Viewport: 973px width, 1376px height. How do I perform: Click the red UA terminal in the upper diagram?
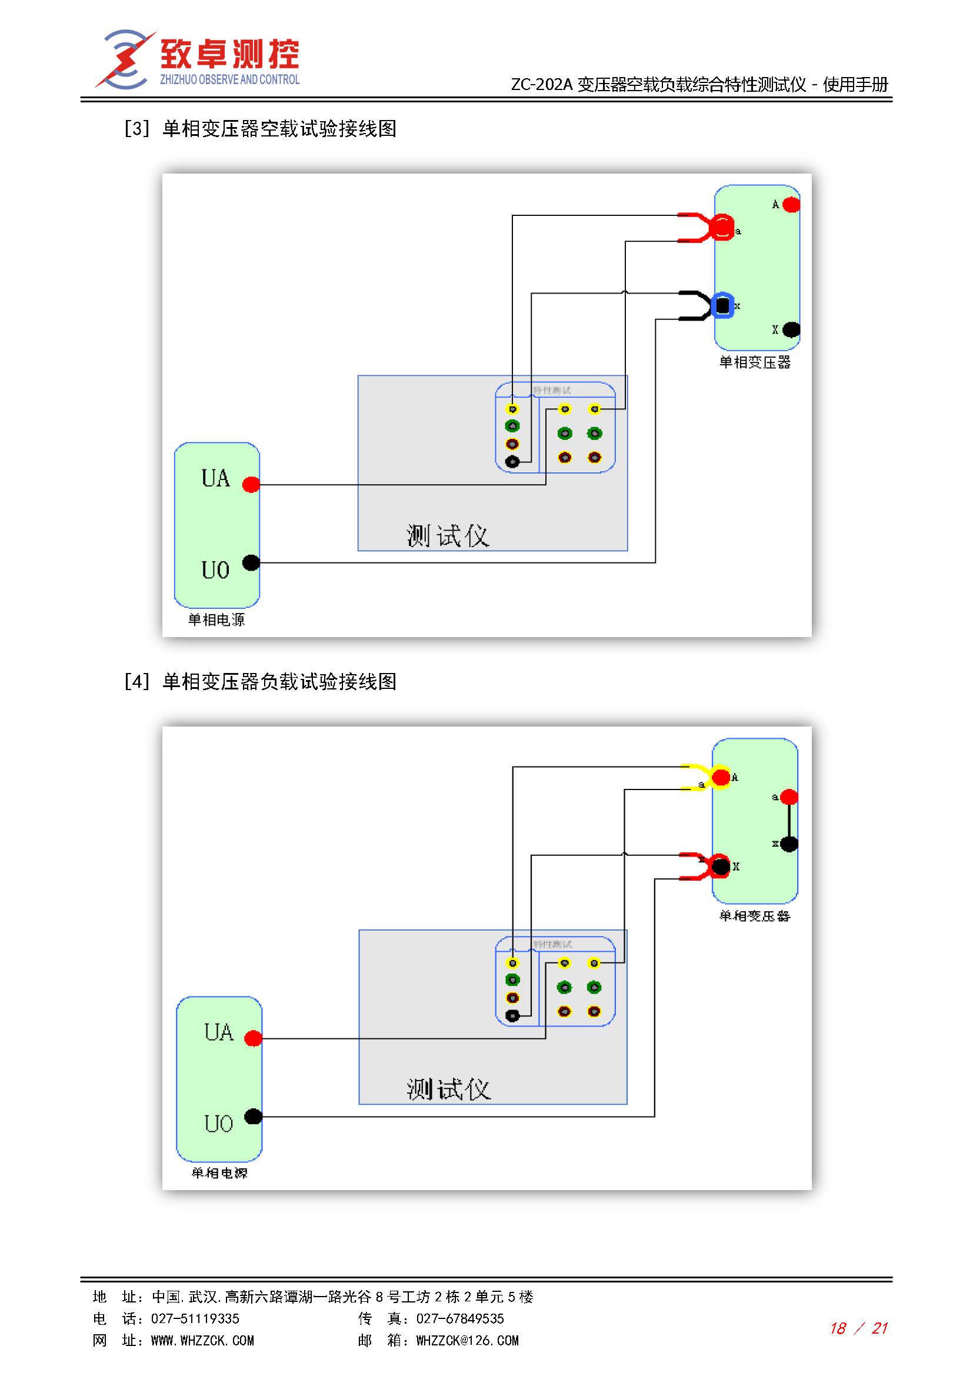[x=251, y=484]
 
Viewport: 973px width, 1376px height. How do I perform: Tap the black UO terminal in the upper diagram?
[x=251, y=563]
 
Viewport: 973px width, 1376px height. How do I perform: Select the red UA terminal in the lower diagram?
[x=254, y=1038]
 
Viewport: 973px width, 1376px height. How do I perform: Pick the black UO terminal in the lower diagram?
[x=254, y=1117]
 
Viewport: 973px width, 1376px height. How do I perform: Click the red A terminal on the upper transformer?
[x=791, y=205]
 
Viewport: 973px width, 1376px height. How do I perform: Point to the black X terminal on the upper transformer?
[x=791, y=329]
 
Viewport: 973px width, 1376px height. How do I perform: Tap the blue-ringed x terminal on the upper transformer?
[x=723, y=306]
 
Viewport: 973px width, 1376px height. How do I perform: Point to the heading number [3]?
[x=136, y=129]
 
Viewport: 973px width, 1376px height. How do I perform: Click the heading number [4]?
[x=136, y=682]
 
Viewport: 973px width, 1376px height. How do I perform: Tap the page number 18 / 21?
[x=858, y=1329]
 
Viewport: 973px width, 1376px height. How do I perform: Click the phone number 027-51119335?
[x=195, y=1318]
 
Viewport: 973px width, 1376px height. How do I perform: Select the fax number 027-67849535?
[x=460, y=1318]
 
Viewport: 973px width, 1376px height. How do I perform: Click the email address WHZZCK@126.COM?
[x=467, y=1341]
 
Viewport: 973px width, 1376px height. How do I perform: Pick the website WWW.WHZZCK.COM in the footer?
[x=202, y=1341]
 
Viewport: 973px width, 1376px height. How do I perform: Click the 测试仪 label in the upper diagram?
[x=448, y=536]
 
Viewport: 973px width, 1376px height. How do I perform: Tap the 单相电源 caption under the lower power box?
[x=219, y=1173]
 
